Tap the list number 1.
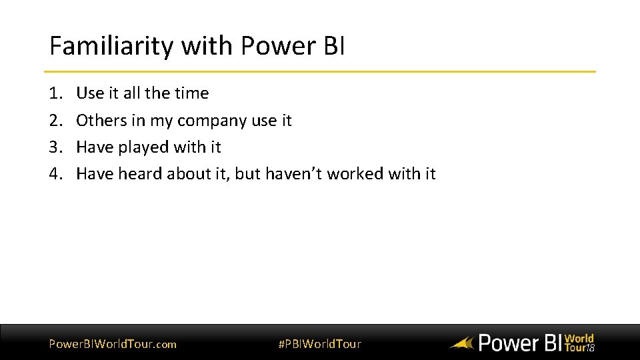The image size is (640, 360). pos(55,93)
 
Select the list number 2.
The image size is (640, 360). pos(55,121)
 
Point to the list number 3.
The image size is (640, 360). pos(55,147)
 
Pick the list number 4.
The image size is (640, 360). pos(55,174)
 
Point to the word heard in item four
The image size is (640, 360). pos(140,174)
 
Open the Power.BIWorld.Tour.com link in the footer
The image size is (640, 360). pos(113,344)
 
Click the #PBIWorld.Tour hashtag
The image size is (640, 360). pos(319,344)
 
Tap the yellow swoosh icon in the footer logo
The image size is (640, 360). pos(461,344)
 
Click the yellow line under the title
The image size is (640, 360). pos(320,71)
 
